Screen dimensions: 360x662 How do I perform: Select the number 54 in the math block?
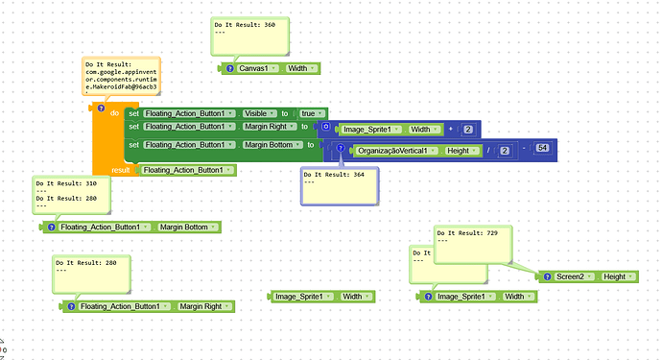pos(542,148)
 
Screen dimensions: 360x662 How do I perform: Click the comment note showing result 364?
pos(338,185)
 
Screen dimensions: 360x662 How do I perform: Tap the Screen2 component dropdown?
pos(575,276)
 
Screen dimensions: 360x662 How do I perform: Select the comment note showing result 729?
pos(472,244)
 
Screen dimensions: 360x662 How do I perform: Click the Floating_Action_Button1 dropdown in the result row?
pos(187,170)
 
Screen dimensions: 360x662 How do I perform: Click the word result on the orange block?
pos(121,170)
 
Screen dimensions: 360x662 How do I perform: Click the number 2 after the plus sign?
pos(467,129)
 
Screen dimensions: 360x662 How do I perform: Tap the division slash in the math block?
pos(488,151)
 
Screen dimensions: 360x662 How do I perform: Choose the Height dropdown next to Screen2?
pos(617,276)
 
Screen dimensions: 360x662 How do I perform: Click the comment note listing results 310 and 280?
pos(71,195)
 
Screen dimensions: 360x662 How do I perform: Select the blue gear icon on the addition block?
pos(327,127)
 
